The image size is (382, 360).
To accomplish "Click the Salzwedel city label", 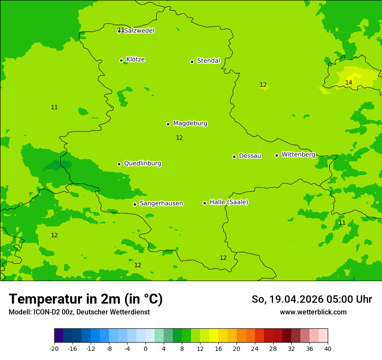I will (139, 31).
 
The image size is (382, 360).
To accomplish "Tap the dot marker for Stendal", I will (192, 62).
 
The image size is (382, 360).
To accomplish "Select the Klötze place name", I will (135, 59).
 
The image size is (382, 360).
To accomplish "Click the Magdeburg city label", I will (190, 124).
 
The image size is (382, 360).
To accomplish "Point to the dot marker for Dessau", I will (234, 157).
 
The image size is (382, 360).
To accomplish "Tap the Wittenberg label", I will (298, 155).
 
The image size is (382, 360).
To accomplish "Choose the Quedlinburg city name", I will (142, 164).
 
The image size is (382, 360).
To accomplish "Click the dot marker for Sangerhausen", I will (135, 204).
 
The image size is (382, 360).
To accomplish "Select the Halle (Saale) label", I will (229, 202).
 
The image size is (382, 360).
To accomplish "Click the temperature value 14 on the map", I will (349, 83).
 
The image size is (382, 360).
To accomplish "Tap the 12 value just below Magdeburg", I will (179, 138).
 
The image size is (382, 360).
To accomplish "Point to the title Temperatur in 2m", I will (86, 299).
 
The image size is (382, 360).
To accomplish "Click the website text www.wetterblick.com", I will (313, 312).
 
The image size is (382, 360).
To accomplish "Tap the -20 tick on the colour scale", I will (54, 348).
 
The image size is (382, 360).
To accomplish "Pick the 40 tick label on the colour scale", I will (328, 348).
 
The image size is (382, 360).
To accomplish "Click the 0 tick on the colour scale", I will (145, 348).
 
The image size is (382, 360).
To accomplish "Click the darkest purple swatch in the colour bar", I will (59, 336).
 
